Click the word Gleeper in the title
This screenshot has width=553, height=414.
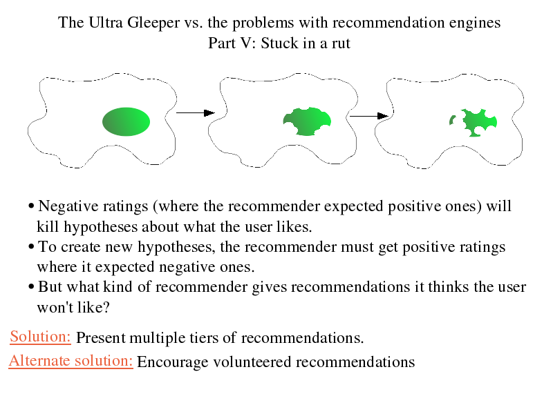[153, 23]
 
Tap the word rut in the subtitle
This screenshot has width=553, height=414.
[341, 43]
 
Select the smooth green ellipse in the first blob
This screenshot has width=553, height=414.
[126, 122]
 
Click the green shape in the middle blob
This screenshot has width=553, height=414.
[307, 121]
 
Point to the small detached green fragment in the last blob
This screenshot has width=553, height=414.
[452, 120]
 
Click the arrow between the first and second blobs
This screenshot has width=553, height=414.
[196, 112]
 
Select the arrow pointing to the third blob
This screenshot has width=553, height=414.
[369, 116]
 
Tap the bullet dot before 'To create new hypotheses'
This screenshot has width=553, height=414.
[31, 247]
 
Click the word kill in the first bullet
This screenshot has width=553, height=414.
[48, 226]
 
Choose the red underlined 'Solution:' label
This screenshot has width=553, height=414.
[40, 337]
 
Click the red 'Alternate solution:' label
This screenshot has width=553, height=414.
[71, 361]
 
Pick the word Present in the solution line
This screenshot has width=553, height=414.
[100, 337]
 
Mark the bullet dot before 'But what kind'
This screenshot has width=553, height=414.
[31, 287]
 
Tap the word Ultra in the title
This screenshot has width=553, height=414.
[106, 23]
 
